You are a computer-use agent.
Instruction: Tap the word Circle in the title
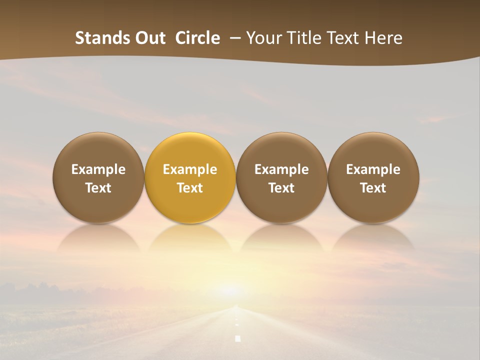click(x=197, y=38)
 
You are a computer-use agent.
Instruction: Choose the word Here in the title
click(x=384, y=38)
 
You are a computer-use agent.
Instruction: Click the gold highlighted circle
click(x=190, y=177)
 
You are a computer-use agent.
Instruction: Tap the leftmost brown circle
click(x=98, y=177)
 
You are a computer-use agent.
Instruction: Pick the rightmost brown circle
click(x=373, y=177)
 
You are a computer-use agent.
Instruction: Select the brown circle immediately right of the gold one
click(x=281, y=177)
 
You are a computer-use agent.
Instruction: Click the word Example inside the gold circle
click(x=190, y=169)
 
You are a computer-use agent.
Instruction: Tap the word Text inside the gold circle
click(x=190, y=188)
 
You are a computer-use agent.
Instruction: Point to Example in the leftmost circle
click(x=98, y=169)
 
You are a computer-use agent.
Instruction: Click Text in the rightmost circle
click(x=373, y=188)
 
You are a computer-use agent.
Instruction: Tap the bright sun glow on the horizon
click(x=231, y=290)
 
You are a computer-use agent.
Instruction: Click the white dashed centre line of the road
click(x=238, y=338)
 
